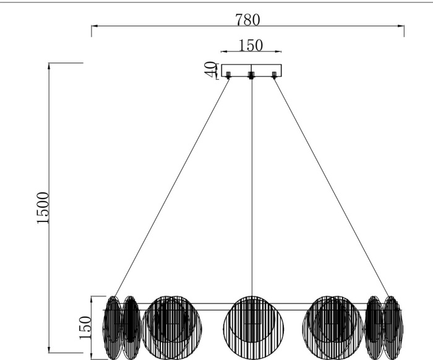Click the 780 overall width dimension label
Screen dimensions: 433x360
tap(247, 20)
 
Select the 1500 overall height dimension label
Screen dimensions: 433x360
tap(43, 208)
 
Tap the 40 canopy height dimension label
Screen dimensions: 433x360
tap(210, 70)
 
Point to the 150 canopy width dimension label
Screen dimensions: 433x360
tap(250, 46)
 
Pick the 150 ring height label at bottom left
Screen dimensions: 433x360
tap(85, 328)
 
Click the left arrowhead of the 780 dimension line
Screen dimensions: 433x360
tap(95, 26)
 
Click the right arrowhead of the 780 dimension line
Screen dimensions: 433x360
tap(401, 26)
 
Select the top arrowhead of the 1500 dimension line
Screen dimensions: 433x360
tap(49, 66)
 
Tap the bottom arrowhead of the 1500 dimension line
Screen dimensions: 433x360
tap(49, 349)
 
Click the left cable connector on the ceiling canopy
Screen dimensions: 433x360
tap(228, 75)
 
